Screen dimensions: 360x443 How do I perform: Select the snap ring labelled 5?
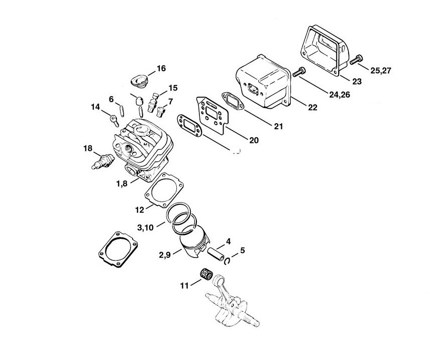[228, 260]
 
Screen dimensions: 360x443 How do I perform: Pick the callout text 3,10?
[146, 228]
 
